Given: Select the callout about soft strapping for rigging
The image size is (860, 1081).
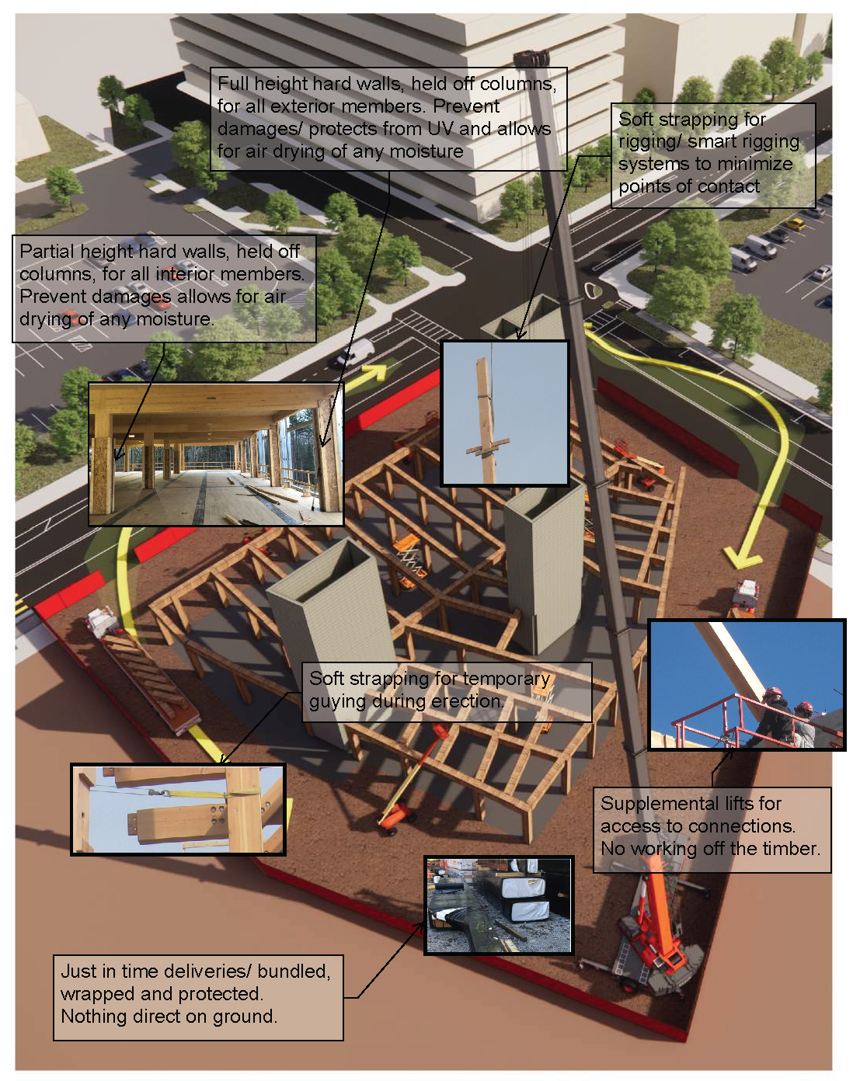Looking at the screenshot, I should tap(712, 154).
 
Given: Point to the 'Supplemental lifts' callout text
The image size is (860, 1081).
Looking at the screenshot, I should tap(711, 826).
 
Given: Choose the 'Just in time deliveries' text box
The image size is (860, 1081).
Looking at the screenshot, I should tap(197, 995).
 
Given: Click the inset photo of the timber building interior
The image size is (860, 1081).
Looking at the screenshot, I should tap(215, 454).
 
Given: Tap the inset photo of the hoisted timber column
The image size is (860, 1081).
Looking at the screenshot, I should tap(505, 413).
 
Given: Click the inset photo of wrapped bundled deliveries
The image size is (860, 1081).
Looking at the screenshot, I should tap(499, 905).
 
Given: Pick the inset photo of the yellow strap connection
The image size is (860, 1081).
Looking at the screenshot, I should tap(178, 809).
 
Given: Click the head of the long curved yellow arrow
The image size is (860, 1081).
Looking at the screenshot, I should tap(741, 557).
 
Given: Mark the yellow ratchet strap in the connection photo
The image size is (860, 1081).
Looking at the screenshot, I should tap(202, 792).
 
